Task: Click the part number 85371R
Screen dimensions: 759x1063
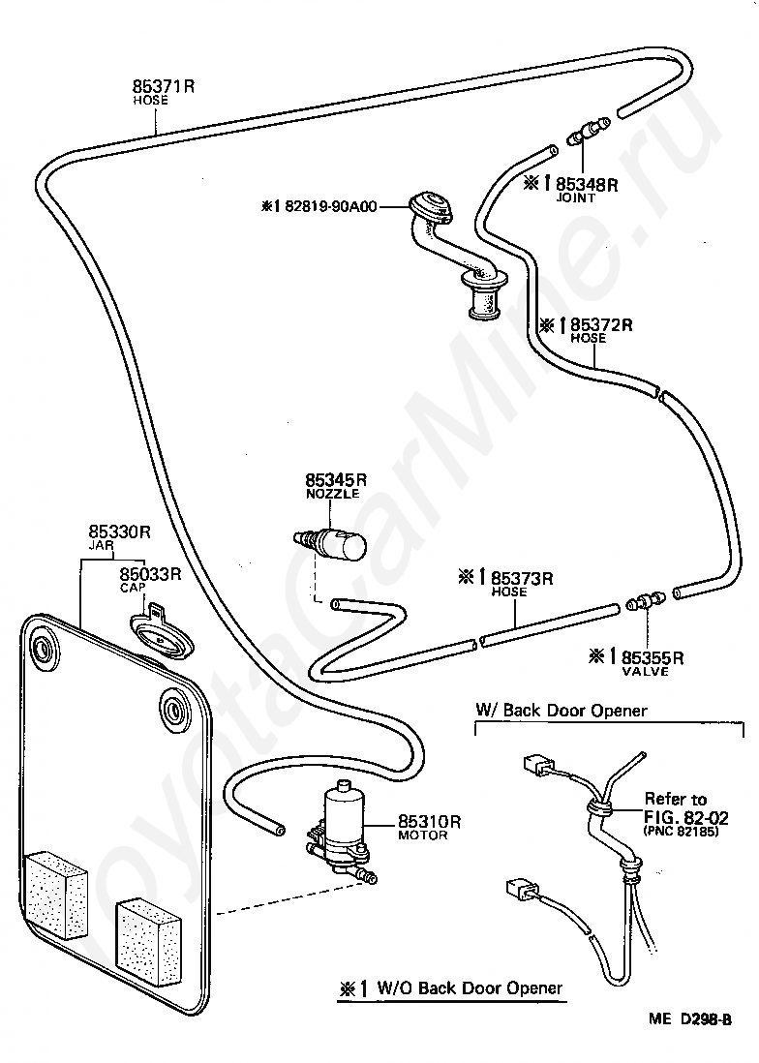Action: click(x=164, y=87)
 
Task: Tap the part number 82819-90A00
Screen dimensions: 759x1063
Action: click(x=331, y=207)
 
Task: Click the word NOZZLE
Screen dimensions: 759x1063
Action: click(x=333, y=494)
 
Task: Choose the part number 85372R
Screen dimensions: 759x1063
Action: click(x=601, y=324)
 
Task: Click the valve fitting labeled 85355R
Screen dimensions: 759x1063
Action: click(x=646, y=600)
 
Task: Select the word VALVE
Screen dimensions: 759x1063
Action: click(x=645, y=671)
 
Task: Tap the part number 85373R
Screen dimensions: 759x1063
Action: click(x=522, y=578)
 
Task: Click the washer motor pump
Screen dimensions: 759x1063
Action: click(x=341, y=833)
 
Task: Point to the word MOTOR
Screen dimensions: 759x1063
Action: click(x=423, y=835)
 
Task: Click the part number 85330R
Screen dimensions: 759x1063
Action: click(x=119, y=531)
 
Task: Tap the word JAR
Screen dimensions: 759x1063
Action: click(x=102, y=544)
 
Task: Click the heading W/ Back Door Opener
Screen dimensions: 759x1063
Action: click(x=562, y=710)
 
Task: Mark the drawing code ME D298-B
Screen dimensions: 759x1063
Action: click(x=690, y=1018)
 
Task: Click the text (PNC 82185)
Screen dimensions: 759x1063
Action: click(x=681, y=832)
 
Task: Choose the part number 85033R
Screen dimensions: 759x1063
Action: click(x=150, y=574)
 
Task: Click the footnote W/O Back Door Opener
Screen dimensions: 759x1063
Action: click(x=469, y=987)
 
